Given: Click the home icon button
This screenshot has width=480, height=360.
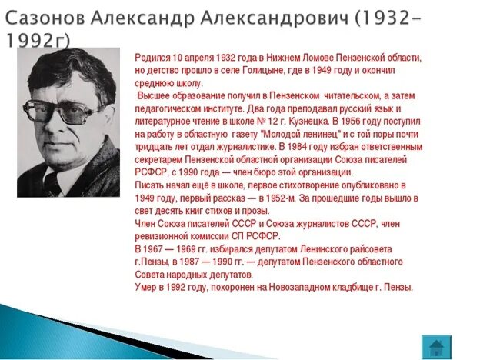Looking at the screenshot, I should click(436, 345).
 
